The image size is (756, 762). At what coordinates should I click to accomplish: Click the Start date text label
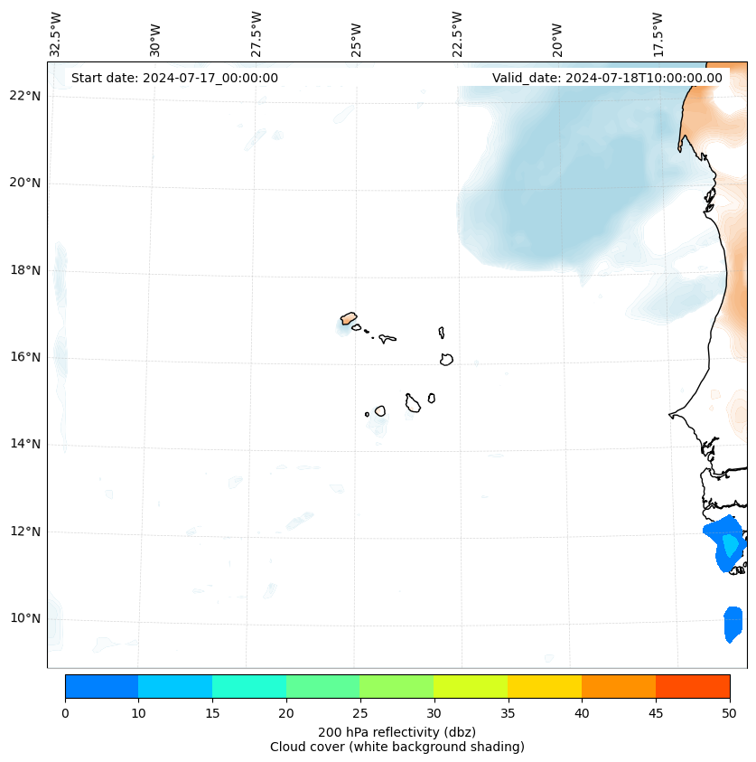(174, 78)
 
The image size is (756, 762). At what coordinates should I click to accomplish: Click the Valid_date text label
(607, 78)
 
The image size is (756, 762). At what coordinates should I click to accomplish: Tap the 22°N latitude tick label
(24, 96)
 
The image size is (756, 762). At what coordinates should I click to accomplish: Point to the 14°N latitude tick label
(24, 444)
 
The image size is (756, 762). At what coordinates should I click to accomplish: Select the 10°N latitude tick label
(24, 618)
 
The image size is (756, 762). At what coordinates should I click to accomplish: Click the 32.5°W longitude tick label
(56, 33)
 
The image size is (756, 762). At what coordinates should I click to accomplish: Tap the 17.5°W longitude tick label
(658, 33)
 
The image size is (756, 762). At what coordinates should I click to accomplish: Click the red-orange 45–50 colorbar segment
(693, 686)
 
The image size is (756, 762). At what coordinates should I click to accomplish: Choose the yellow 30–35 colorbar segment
(471, 686)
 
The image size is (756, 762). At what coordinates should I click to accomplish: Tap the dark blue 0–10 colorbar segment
(101, 686)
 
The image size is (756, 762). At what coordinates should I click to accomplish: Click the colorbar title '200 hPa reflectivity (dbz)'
(397, 731)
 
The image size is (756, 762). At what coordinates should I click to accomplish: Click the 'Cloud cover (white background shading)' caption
(397, 747)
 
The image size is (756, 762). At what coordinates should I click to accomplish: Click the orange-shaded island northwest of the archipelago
(349, 318)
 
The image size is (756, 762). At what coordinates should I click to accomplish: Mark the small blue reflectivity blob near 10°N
(733, 624)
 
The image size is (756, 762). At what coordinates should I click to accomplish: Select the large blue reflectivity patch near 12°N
(723, 543)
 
